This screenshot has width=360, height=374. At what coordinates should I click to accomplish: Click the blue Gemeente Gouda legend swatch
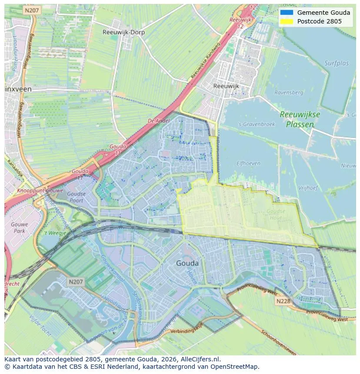[287, 13]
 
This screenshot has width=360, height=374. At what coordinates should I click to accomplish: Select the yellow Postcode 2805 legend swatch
[287, 21]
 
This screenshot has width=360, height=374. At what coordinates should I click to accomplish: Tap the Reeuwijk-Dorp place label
[123, 32]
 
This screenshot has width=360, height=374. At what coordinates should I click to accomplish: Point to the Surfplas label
[336, 63]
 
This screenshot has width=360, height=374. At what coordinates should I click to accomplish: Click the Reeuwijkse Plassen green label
[300, 119]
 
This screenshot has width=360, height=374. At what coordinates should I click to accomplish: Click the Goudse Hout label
[276, 215]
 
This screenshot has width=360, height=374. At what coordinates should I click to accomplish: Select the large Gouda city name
[187, 263]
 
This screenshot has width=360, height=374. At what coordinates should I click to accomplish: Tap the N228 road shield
[282, 301]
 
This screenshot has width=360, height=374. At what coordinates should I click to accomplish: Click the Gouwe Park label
[19, 228]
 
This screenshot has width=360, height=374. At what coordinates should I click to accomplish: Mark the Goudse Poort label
[77, 197]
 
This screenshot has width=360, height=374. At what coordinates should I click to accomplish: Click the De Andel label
[158, 121]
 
